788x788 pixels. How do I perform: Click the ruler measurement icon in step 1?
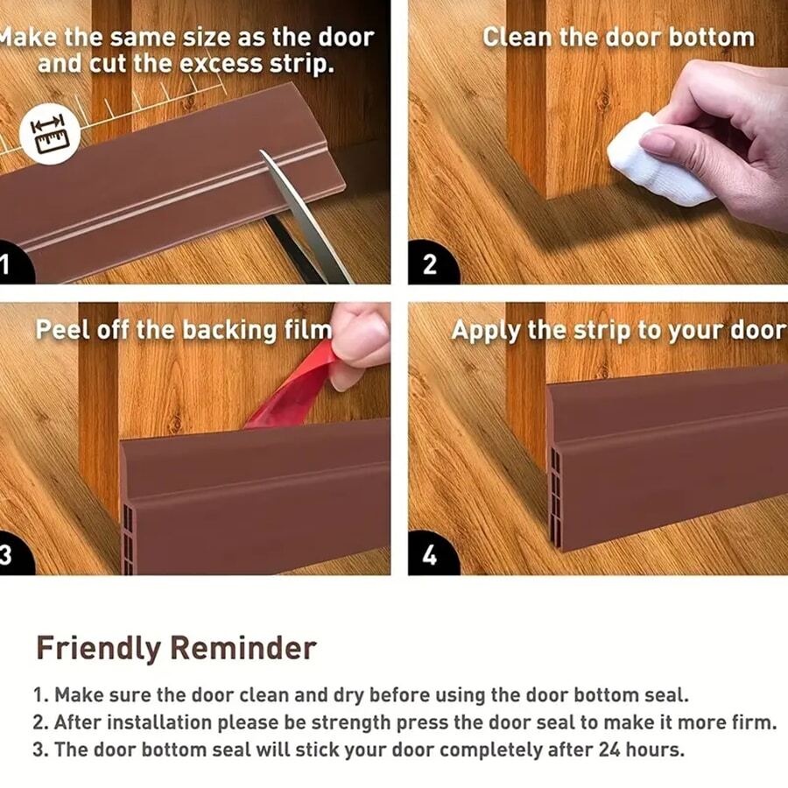(x=50, y=134)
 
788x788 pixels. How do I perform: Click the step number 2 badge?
(x=433, y=263)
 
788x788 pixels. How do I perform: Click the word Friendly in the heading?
(x=98, y=648)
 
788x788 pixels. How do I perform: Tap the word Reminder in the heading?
(x=243, y=648)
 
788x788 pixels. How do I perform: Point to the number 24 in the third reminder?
(x=609, y=749)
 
